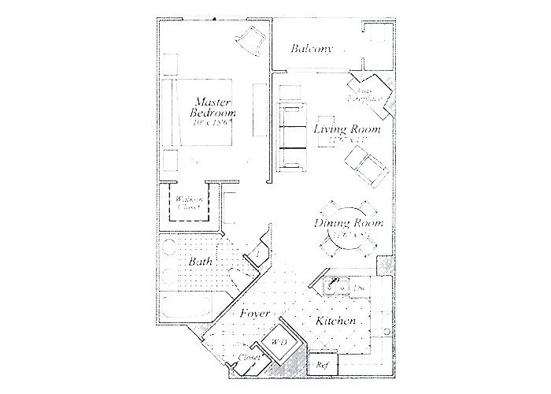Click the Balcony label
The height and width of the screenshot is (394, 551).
coord(312,49)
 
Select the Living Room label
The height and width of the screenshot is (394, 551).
coord(347,129)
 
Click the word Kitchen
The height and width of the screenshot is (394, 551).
coord(339,322)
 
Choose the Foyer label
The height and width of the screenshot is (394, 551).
coord(253,313)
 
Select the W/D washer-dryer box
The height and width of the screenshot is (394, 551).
coord(279,343)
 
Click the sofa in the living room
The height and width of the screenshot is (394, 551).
coord(290,136)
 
